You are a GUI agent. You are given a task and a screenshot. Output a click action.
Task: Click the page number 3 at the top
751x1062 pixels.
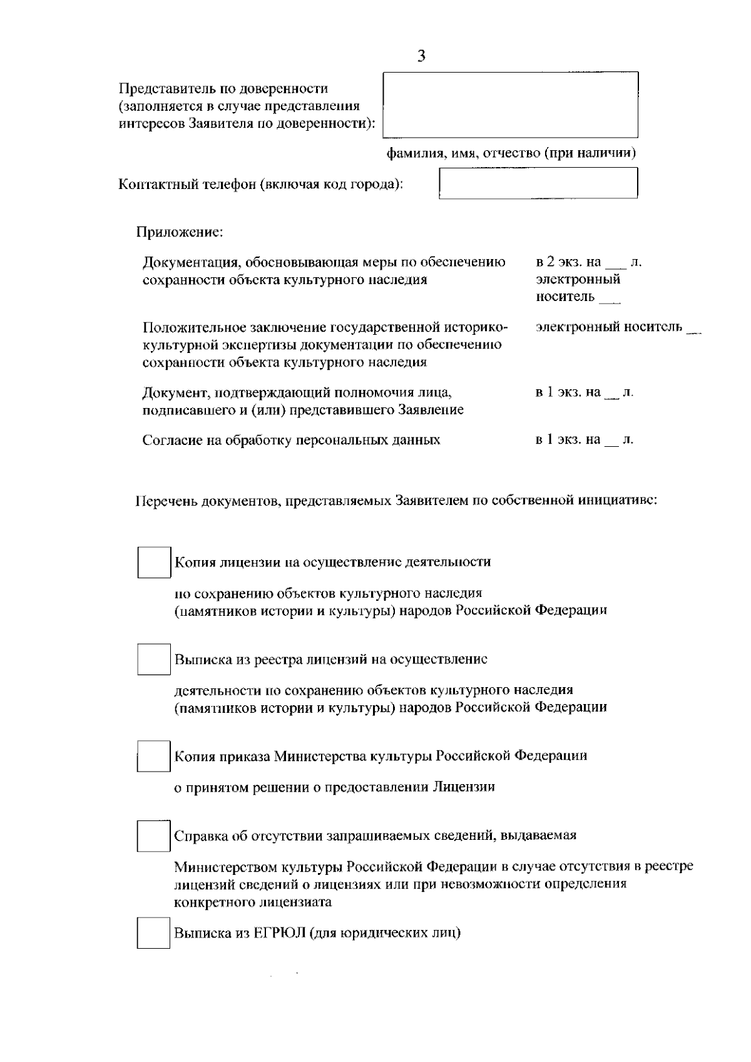pos(421,56)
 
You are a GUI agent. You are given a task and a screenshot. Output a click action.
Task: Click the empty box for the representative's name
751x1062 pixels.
pos(510,105)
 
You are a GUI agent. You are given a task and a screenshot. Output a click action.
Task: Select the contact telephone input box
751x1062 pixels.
pos(538,183)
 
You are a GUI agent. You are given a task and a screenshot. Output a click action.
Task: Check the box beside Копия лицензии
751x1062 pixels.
pos(154,562)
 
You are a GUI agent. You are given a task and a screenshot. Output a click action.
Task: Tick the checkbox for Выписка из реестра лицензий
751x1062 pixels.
pos(154,660)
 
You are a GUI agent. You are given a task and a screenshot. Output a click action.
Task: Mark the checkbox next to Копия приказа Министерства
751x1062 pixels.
pos(154,756)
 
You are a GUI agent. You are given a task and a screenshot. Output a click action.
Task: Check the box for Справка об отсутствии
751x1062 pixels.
pos(154,836)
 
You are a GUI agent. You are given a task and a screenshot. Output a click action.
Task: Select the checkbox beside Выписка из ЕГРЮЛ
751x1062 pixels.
pos(154,933)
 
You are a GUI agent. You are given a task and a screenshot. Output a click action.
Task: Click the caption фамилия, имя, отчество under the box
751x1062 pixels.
pos(511,153)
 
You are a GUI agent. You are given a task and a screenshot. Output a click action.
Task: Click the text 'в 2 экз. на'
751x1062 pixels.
pos(568,262)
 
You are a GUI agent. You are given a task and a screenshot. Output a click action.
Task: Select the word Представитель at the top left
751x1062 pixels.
pos(160,89)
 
